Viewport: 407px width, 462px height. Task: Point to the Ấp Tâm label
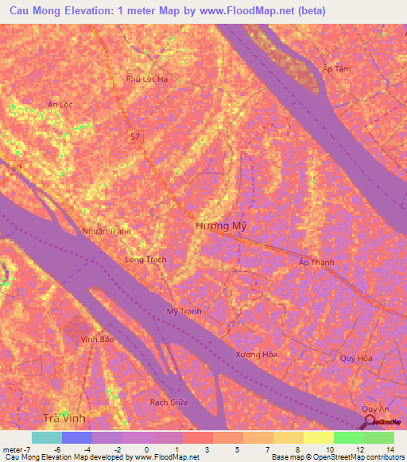pyautogui.click(x=336, y=69)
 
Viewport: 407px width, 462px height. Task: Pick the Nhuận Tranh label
pyautogui.click(x=106, y=231)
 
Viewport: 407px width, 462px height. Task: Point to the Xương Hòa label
pyautogui.click(x=257, y=354)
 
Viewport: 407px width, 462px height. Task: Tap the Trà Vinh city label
pyautogui.click(x=64, y=418)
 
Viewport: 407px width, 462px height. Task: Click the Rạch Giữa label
pyautogui.click(x=169, y=402)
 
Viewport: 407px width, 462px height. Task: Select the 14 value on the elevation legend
pyautogui.click(x=390, y=449)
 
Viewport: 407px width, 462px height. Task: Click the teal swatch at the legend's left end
pyautogui.click(x=46, y=437)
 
